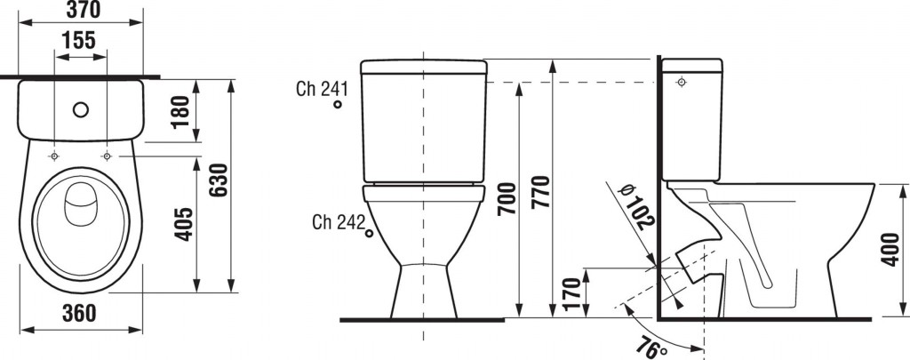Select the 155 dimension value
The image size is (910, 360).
78,41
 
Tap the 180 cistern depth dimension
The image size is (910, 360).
180,111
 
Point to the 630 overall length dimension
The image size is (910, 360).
219,180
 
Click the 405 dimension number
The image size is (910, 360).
185,224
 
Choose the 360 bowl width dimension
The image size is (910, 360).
78,314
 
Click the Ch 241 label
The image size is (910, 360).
322,89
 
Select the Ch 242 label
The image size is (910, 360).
338,222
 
